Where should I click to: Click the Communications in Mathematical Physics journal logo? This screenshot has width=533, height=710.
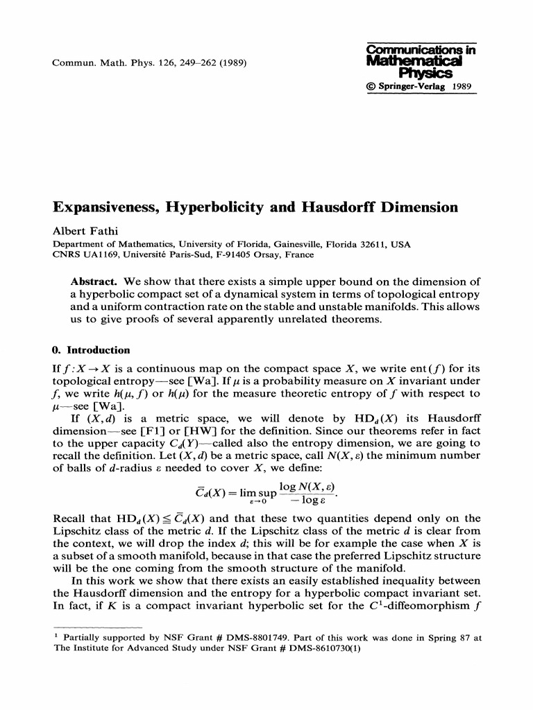pos(415,61)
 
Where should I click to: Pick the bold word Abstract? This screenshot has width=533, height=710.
pos(94,282)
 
